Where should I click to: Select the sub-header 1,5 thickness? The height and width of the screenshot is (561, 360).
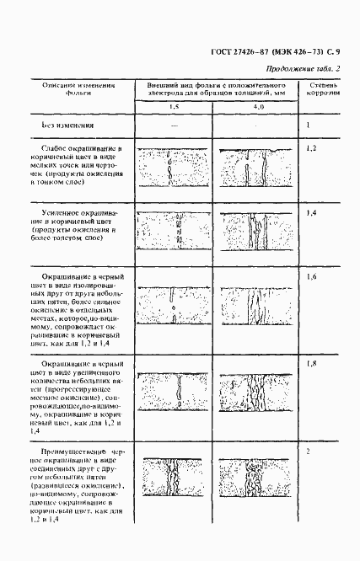(x=173, y=109)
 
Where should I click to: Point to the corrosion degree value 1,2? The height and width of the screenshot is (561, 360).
(x=311, y=147)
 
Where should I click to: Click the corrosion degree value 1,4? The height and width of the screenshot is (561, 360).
(x=311, y=213)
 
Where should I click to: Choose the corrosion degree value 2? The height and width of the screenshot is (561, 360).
(x=309, y=452)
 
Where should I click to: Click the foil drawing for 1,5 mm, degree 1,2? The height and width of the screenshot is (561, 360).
(x=173, y=167)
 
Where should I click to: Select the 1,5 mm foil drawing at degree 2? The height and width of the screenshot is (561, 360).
(x=173, y=477)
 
